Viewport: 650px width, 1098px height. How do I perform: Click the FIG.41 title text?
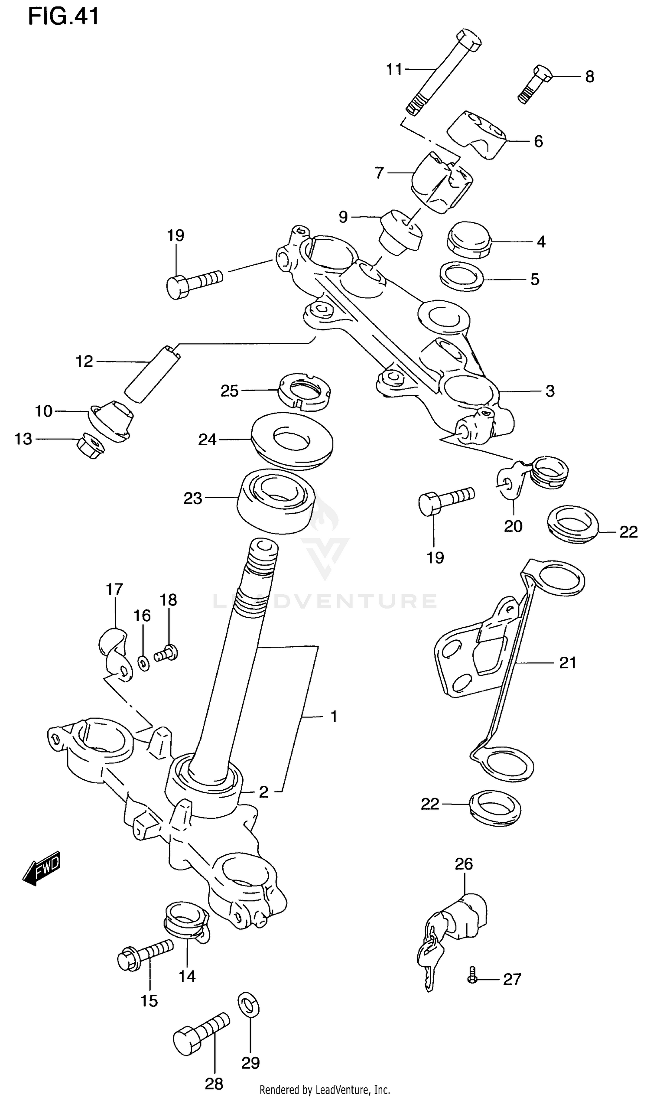click(x=63, y=16)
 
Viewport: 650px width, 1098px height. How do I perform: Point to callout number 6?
click(x=538, y=141)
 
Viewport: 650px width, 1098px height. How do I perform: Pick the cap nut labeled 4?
click(x=469, y=241)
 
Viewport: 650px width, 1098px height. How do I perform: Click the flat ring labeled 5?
click(x=461, y=277)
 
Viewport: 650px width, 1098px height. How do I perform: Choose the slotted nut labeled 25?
click(x=304, y=387)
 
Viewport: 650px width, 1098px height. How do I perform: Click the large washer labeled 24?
click(x=292, y=440)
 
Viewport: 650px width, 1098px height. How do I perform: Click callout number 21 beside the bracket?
click(x=568, y=662)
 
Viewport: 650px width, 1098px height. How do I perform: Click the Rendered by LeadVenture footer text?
click(x=325, y=1089)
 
